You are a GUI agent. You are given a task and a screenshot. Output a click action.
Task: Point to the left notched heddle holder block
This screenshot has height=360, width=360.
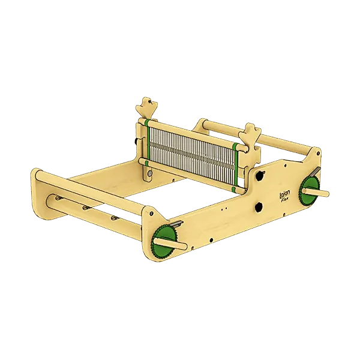[x=146, y=109]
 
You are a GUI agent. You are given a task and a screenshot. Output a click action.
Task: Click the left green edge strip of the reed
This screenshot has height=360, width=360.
[x=146, y=142]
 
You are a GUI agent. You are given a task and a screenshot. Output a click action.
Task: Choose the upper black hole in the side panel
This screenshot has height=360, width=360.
[x=260, y=176]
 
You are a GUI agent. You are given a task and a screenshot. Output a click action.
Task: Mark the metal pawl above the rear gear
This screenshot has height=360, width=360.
[x=317, y=175]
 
